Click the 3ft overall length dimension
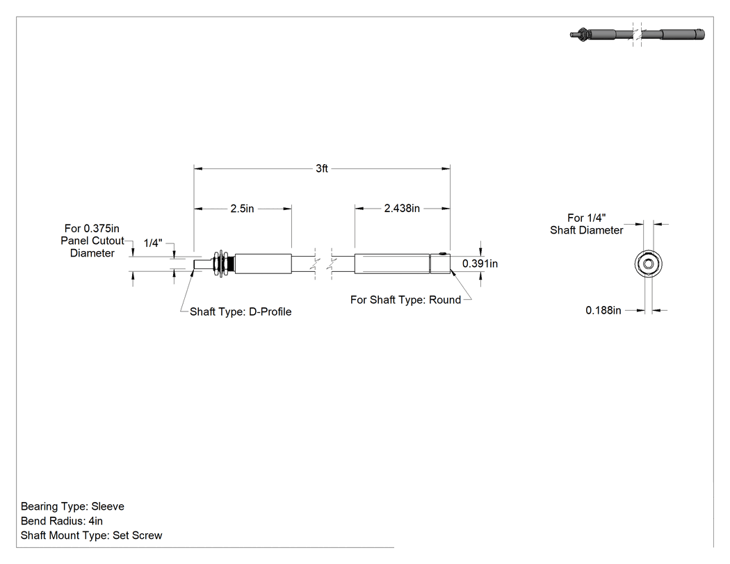[322, 168]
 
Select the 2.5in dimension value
[242, 209]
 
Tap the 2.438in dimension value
[402, 208]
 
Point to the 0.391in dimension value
[480, 264]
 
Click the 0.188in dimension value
[603, 310]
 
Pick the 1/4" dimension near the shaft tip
[153, 243]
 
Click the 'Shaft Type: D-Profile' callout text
[241, 312]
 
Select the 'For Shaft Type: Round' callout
[405, 300]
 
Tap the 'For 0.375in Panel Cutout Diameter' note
[92, 241]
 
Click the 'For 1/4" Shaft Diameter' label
[587, 224]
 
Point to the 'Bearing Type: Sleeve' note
[72, 506]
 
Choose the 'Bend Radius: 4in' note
[62, 521]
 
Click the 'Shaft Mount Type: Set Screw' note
[91, 535]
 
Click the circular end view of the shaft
[648, 264]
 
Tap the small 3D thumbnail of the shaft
[637, 35]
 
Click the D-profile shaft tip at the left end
[201, 264]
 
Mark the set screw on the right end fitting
[443, 254]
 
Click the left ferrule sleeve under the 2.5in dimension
[263, 264]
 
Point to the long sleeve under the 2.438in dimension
[392, 264]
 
